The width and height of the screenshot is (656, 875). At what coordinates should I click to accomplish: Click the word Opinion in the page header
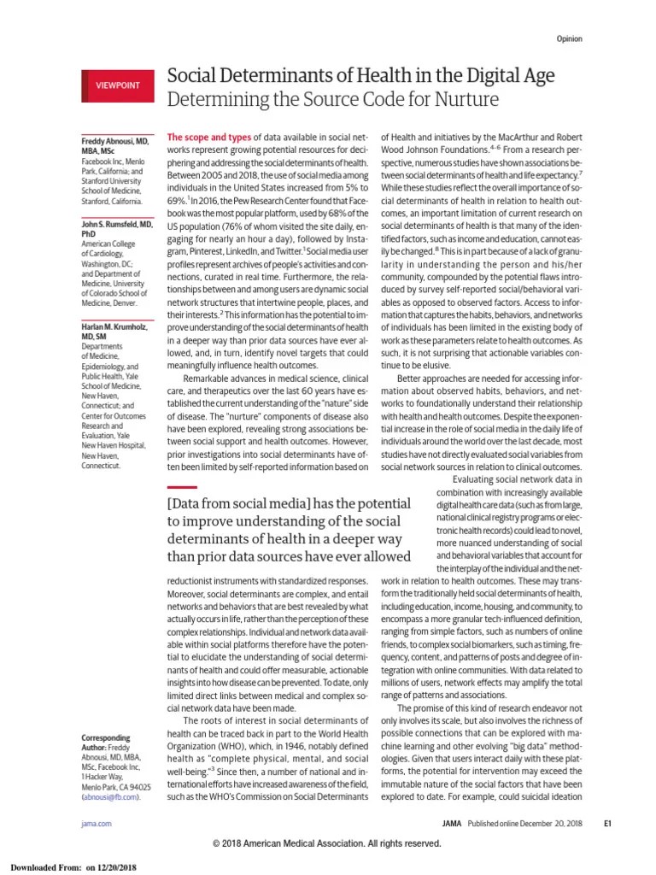[x=570, y=39]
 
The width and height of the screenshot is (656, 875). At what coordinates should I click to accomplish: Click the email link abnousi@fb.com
[x=110, y=796]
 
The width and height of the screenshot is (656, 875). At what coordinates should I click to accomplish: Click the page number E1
[x=607, y=823]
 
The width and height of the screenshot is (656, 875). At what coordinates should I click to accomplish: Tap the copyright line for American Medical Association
[x=327, y=843]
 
